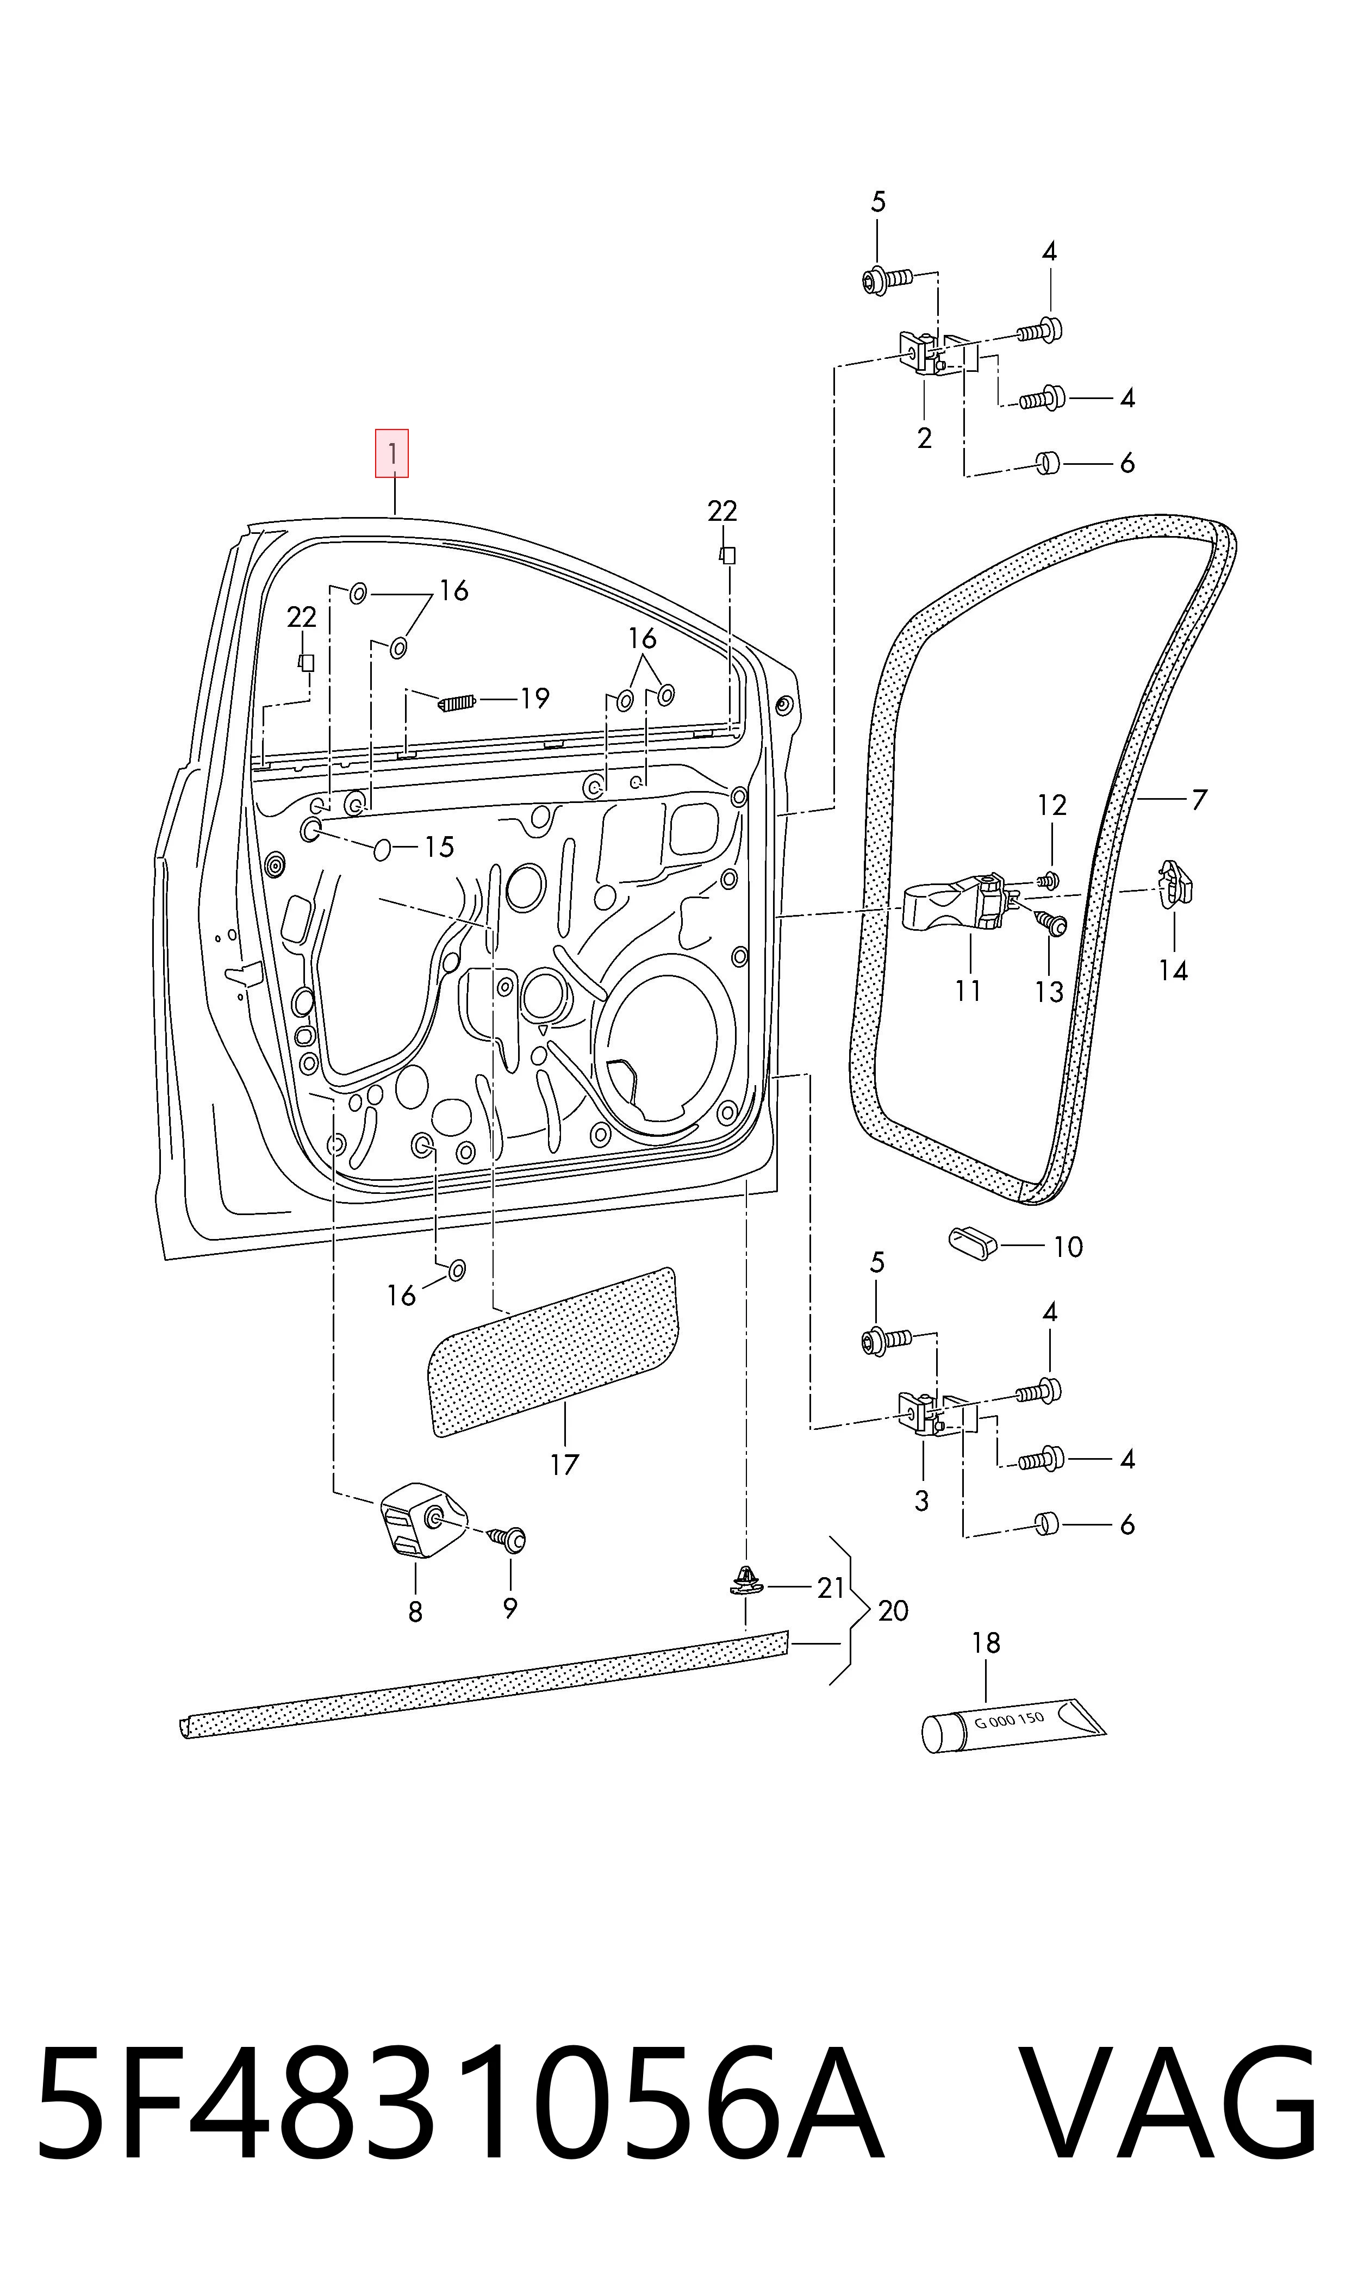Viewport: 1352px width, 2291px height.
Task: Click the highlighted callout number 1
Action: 392,453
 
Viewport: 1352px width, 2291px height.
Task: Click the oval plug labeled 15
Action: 383,850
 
